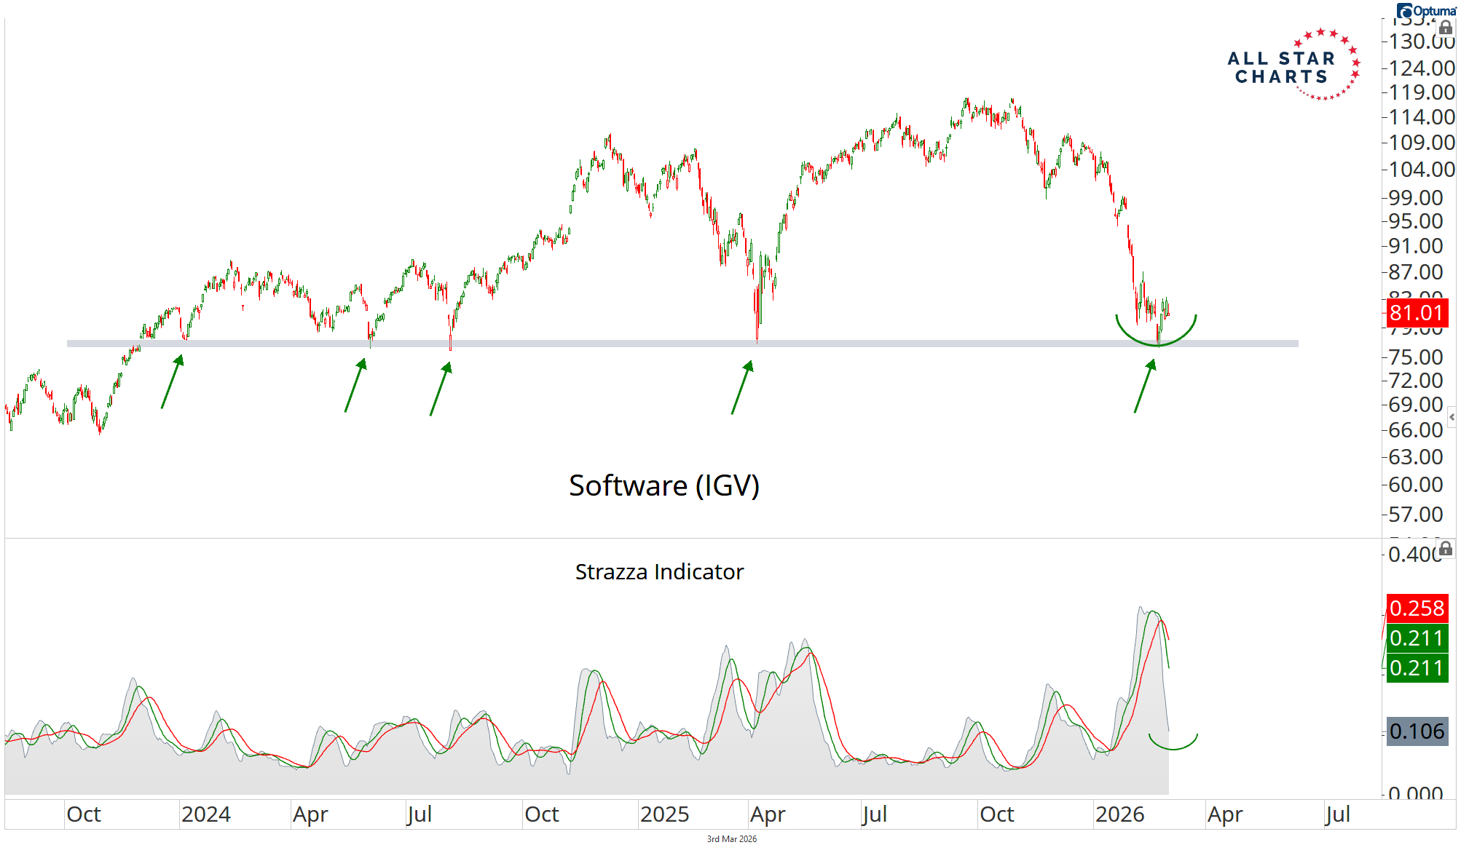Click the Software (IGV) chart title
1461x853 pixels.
[663, 485]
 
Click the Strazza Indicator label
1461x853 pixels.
[659, 572]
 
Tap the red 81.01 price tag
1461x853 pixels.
[1416, 313]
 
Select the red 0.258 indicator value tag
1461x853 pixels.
[1417, 608]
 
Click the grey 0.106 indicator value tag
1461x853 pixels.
[1417, 731]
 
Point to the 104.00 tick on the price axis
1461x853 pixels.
[1421, 170]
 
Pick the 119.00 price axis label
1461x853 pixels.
[1421, 92]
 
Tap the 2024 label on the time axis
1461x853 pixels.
[206, 814]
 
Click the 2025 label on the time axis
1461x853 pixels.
[664, 814]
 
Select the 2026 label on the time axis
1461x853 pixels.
[1119, 814]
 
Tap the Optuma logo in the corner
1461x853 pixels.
[1426, 11]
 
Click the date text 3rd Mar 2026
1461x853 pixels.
[731, 839]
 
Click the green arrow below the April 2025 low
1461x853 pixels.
[742, 387]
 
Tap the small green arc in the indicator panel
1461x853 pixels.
[1173, 745]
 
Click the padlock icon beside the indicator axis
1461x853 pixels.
[1446, 549]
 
